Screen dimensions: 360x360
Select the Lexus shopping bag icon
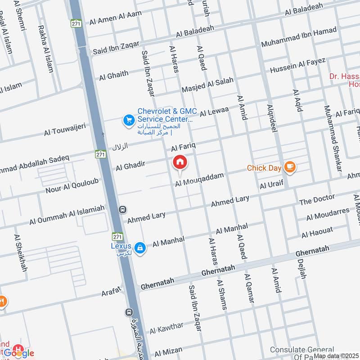pos(140,247)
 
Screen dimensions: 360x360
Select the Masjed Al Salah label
pos(207,85)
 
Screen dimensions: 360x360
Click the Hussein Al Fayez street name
pos(298,66)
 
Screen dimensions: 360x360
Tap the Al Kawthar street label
pos(166,329)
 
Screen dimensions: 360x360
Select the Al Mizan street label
pos(168,351)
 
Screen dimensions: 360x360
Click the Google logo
pos(19,354)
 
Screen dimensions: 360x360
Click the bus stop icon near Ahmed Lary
pos(122,210)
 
